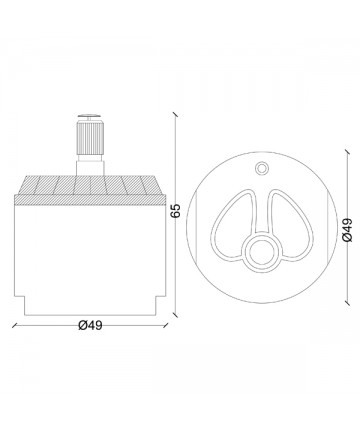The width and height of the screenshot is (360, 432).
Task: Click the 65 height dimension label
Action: (x=175, y=210)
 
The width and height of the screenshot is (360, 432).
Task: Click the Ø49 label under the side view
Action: (x=90, y=325)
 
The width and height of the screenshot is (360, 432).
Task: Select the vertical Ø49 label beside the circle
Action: (x=347, y=230)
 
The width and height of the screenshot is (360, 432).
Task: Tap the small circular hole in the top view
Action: (x=261, y=168)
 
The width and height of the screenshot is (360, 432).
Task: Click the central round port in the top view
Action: (x=262, y=252)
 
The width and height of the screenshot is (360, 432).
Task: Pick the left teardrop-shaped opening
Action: (x=233, y=225)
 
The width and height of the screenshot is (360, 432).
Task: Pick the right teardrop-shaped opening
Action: (x=290, y=225)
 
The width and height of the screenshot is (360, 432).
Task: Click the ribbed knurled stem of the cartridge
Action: (x=90, y=138)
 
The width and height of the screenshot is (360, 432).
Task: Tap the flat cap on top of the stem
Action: (x=89, y=116)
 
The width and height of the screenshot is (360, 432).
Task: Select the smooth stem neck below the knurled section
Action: (x=90, y=165)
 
